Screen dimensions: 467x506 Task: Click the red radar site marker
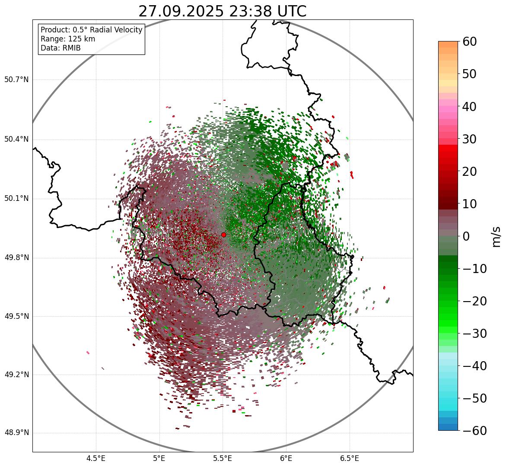[223, 235]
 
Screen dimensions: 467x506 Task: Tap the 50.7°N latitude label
[16, 80]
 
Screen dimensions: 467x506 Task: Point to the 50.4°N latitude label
[16, 140]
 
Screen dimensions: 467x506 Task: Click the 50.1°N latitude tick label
[16, 199]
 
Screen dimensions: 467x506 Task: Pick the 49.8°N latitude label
[16, 258]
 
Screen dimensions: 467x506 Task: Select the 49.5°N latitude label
[16, 316]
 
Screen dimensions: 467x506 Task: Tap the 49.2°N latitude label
[16, 375]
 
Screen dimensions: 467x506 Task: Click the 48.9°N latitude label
[16, 433]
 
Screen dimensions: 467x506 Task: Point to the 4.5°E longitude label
[95, 458]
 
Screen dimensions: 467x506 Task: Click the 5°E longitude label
[159, 458]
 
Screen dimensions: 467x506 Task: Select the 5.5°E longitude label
[223, 458]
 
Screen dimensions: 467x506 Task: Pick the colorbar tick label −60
[474, 431]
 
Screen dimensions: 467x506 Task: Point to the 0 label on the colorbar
[466, 236]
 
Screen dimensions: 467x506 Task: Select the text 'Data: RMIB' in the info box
[60, 48]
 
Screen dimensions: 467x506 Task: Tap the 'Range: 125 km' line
[68, 39]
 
